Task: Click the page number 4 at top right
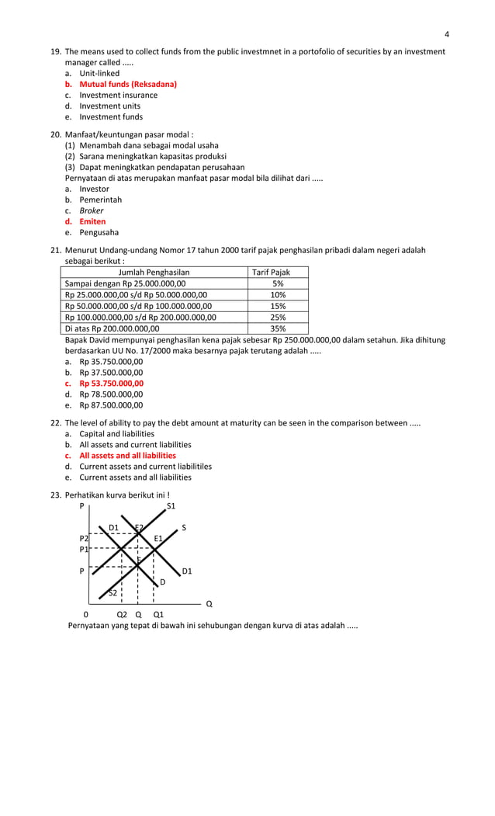coord(447,33)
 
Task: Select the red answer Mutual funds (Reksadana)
coord(128,84)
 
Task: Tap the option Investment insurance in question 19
coord(118,95)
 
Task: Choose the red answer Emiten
coord(92,221)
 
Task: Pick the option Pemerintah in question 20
coord(100,200)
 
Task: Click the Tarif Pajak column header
coord(272,273)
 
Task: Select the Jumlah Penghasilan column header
coord(154,273)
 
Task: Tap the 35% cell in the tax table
coord(278,328)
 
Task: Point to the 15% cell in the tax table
coord(278,306)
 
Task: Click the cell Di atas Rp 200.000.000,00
coord(112,328)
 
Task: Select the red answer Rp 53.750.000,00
coord(111,383)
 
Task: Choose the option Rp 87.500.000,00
coord(111,405)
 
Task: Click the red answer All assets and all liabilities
coord(127,455)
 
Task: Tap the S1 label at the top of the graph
coord(171,506)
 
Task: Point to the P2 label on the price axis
coord(84,537)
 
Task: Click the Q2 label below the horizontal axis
coord(122,613)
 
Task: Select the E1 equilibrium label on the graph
coord(158,538)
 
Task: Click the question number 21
coord(55,250)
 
